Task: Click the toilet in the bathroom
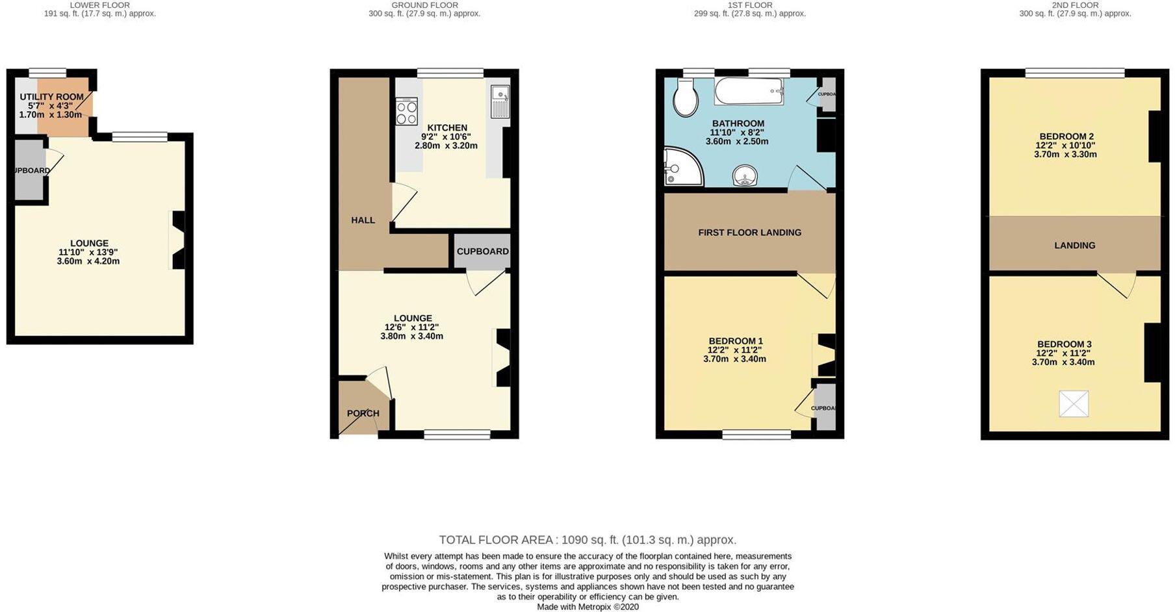pyautogui.click(x=686, y=97)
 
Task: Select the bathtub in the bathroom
pyautogui.click(x=749, y=92)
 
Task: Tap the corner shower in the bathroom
pyautogui.click(x=680, y=167)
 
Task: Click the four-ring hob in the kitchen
pyautogui.click(x=407, y=112)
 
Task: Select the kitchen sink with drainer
pyautogui.click(x=500, y=102)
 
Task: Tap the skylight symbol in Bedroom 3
pyautogui.click(x=1074, y=403)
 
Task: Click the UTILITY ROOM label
pyautogui.click(x=51, y=97)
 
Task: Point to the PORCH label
pyautogui.click(x=363, y=413)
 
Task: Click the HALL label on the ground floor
pyautogui.click(x=363, y=220)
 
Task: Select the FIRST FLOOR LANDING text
pyautogui.click(x=749, y=233)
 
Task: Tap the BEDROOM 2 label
pyautogui.click(x=1065, y=136)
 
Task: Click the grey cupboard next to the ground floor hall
pyautogui.click(x=482, y=252)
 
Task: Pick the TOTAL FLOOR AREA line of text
pyautogui.click(x=587, y=540)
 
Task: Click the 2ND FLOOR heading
pyautogui.click(x=1075, y=5)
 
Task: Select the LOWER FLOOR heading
pyautogui.click(x=99, y=5)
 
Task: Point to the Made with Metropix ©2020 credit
pyautogui.click(x=587, y=607)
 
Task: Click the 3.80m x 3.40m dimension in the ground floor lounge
pyautogui.click(x=411, y=337)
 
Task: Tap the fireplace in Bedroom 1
pyautogui.click(x=824, y=355)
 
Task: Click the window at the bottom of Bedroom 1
pyautogui.click(x=756, y=435)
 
